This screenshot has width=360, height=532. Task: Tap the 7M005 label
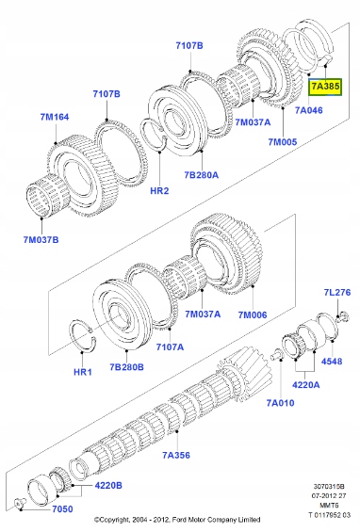click(281, 141)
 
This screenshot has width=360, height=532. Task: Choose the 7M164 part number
click(54, 118)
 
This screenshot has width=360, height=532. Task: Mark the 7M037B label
click(41, 239)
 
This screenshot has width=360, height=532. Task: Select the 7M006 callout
click(254, 314)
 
